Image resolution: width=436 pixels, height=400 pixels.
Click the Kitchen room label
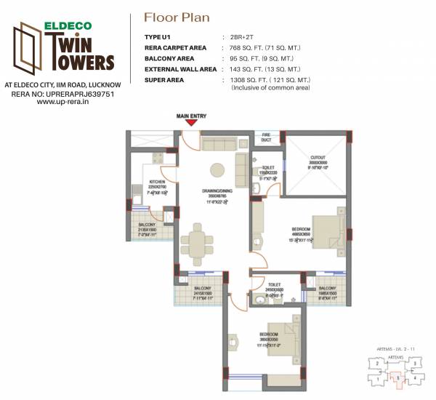click(157, 183)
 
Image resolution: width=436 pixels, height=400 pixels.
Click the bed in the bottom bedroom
click(280, 336)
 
